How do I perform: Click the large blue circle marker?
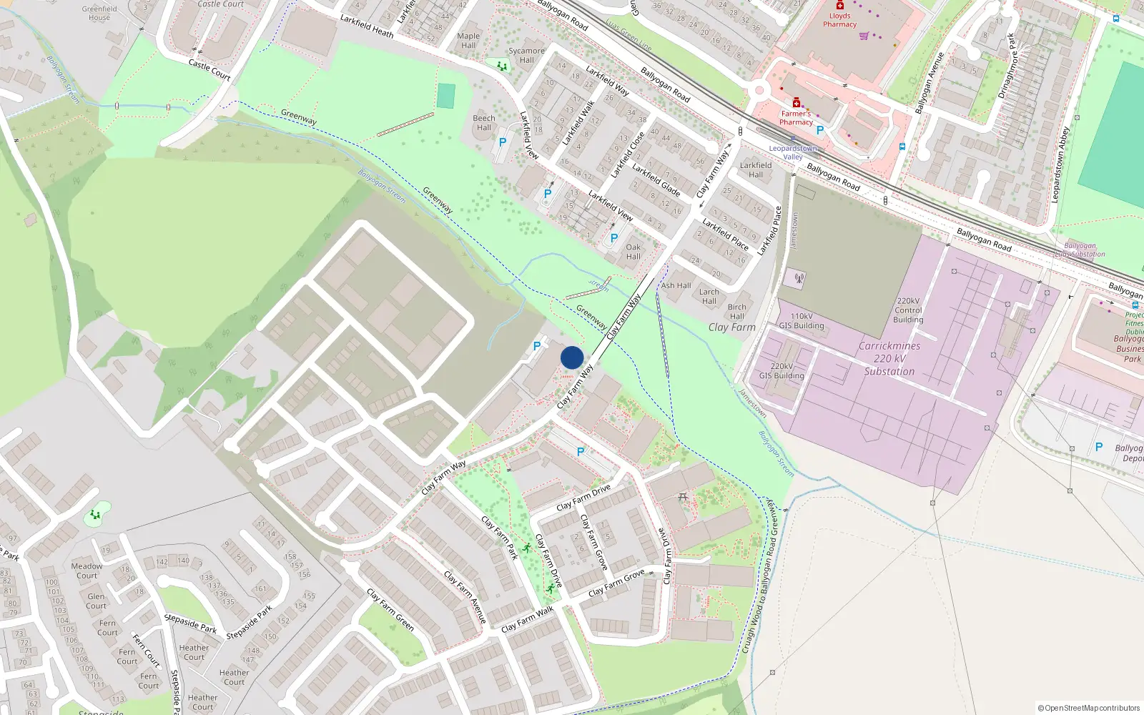click(x=572, y=357)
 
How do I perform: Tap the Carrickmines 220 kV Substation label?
click(x=889, y=358)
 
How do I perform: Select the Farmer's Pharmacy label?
click(x=796, y=118)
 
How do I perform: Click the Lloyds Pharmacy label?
click(x=839, y=20)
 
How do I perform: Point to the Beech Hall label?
click(x=484, y=123)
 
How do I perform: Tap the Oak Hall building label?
click(x=633, y=252)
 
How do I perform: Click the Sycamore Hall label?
click(x=526, y=55)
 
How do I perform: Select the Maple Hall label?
click(x=468, y=40)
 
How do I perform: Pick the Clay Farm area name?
click(x=731, y=327)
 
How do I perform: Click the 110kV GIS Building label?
click(x=802, y=321)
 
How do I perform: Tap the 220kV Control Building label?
click(x=908, y=310)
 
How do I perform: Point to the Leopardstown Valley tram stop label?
click(x=793, y=152)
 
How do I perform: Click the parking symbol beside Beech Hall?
click(x=503, y=142)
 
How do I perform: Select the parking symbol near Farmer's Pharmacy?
click(x=820, y=130)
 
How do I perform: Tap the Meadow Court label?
click(x=87, y=571)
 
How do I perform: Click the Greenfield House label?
click(x=99, y=13)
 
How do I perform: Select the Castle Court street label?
click(x=209, y=69)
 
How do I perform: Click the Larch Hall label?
click(x=709, y=296)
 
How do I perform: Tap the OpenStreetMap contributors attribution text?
click(x=1089, y=708)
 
